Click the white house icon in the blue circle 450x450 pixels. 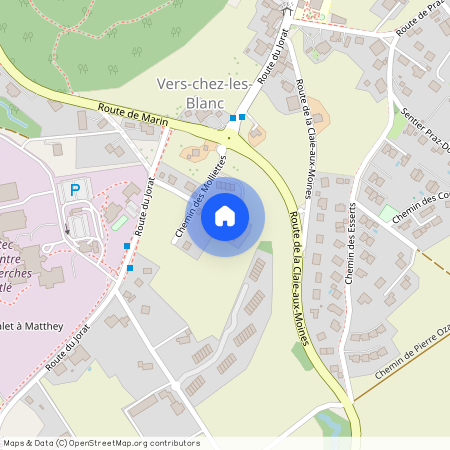click(x=225, y=215)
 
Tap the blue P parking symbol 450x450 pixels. click(x=74, y=189)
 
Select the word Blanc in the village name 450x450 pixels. click(x=204, y=102)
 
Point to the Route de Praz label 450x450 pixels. click(x=419, y=20)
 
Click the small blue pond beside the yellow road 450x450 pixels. click(x=333, y=425)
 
